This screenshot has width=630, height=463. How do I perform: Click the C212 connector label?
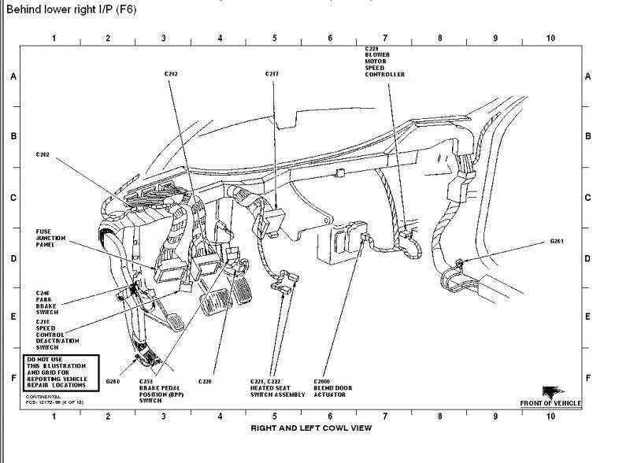(171, 74)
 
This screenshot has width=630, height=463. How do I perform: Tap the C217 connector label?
(273, 74)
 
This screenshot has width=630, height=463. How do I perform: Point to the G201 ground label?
(558, 239)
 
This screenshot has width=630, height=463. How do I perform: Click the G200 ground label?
(114, 380)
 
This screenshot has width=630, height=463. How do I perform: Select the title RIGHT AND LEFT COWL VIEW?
(310, 428)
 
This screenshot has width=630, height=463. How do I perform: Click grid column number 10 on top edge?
(550, 38)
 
